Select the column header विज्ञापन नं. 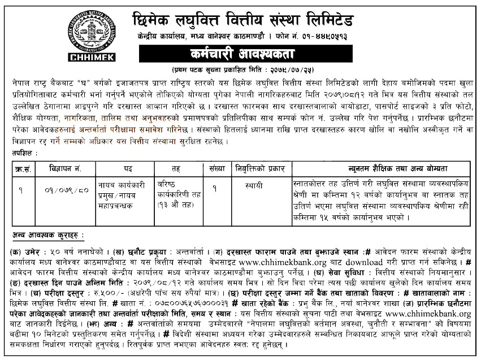click(x=66, y=169)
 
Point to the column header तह click(x=177, y=169)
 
